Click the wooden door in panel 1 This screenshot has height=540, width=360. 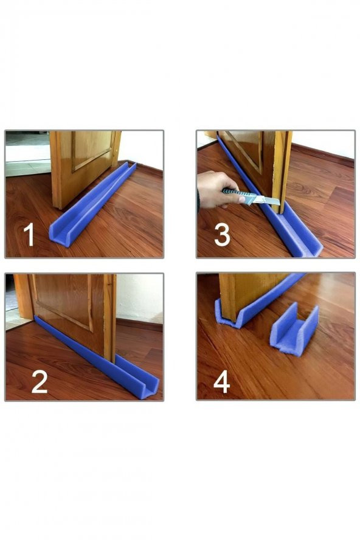click(x=85, y=165)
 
